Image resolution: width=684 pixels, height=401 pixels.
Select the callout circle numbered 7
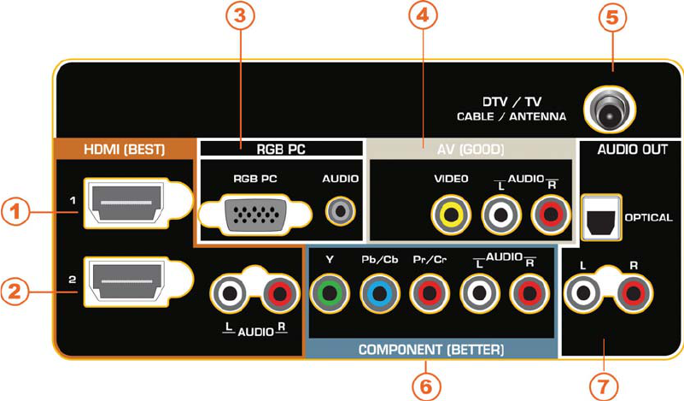pyautogui.click(x=604, y=384)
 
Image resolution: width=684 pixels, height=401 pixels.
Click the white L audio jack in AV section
pyautogui.click(x=497, y=215)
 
